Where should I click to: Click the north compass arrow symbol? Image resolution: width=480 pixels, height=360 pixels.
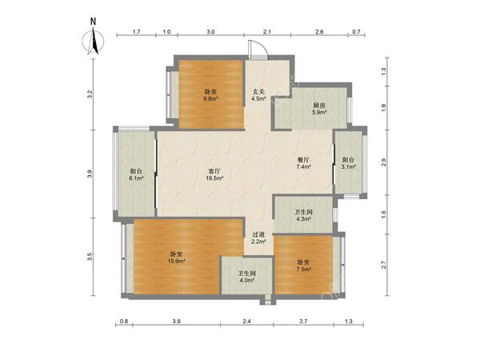[95, 42]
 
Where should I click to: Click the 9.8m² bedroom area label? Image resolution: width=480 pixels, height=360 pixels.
[210, 95]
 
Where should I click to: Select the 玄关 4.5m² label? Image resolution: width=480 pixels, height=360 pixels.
[258, 95]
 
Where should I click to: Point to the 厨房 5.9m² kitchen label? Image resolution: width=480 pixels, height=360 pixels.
[319, 109]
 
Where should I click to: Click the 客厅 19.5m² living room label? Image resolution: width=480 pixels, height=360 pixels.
[215, 174]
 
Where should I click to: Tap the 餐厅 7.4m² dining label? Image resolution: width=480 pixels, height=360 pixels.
[303, 163]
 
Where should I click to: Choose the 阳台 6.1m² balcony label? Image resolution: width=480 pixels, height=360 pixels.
[136, 174]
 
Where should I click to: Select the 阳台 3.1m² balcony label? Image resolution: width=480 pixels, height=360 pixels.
[348, 163]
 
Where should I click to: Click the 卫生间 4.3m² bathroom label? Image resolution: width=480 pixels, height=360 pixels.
[304, 215]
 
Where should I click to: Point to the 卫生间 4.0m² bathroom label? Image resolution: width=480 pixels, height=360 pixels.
[247, 277]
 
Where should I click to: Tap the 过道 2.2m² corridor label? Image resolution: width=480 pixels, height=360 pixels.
[258, 238]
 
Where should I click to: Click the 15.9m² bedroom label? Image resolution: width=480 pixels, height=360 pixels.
[177, 258]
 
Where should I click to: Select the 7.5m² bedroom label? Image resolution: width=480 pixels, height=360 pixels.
[304, 266]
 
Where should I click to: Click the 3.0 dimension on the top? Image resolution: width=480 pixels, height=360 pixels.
[210, 31]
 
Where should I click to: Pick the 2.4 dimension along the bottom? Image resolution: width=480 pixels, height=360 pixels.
[246, 321]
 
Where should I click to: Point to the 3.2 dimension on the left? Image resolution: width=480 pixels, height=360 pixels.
[90, 94]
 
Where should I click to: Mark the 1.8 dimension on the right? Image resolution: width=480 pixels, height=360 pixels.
[384, 214]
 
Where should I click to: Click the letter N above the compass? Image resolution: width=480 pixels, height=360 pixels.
[93, 22]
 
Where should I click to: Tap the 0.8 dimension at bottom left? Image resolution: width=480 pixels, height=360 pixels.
[124, 321]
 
